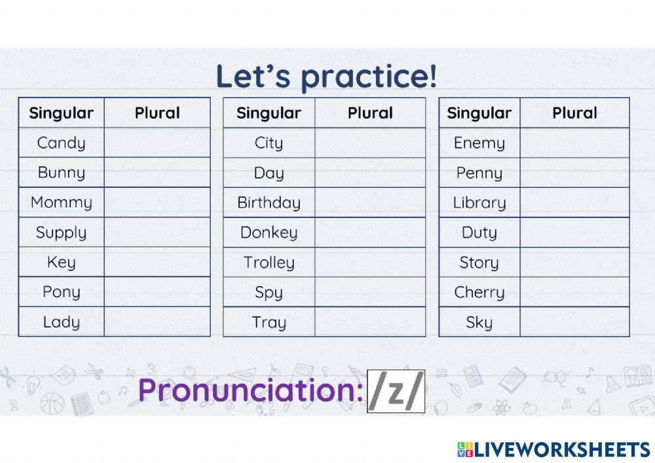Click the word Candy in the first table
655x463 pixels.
(x=61, y=143)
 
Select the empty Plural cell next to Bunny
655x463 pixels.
(x=157, y=172)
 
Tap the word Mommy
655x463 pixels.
(x=61, y=202)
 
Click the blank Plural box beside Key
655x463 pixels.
(x=157, y=262)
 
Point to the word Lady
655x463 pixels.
(x=61, y=322)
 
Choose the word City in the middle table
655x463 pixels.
(x=269, y=143)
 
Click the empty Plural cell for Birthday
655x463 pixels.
(x=370, y=202)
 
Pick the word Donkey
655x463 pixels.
(x=269, y=232)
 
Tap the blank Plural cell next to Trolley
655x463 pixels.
(x=370, y=263)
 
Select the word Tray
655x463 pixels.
(x=269, y=322)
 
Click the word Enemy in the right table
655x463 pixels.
(x=479, y=143)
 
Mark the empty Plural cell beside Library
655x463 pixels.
(x=574, y=202)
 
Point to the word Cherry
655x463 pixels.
(x=479, y=292)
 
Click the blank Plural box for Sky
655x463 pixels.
(x=574, y=322)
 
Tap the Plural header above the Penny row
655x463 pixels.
(x=574, y=113)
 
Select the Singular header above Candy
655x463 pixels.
(x=61, y=113)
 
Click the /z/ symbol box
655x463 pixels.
(x=396, y=392)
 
